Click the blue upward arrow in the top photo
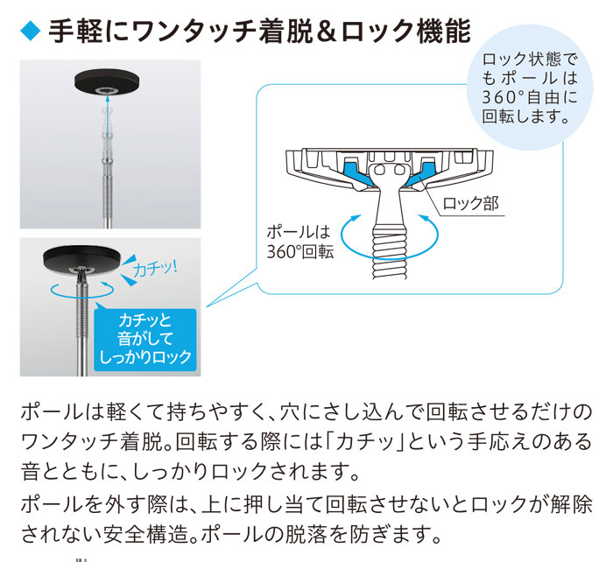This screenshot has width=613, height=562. coord(106,111)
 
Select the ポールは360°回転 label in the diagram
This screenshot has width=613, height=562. coord(297,242)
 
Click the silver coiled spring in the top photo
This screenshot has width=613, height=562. coord(106,188)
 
